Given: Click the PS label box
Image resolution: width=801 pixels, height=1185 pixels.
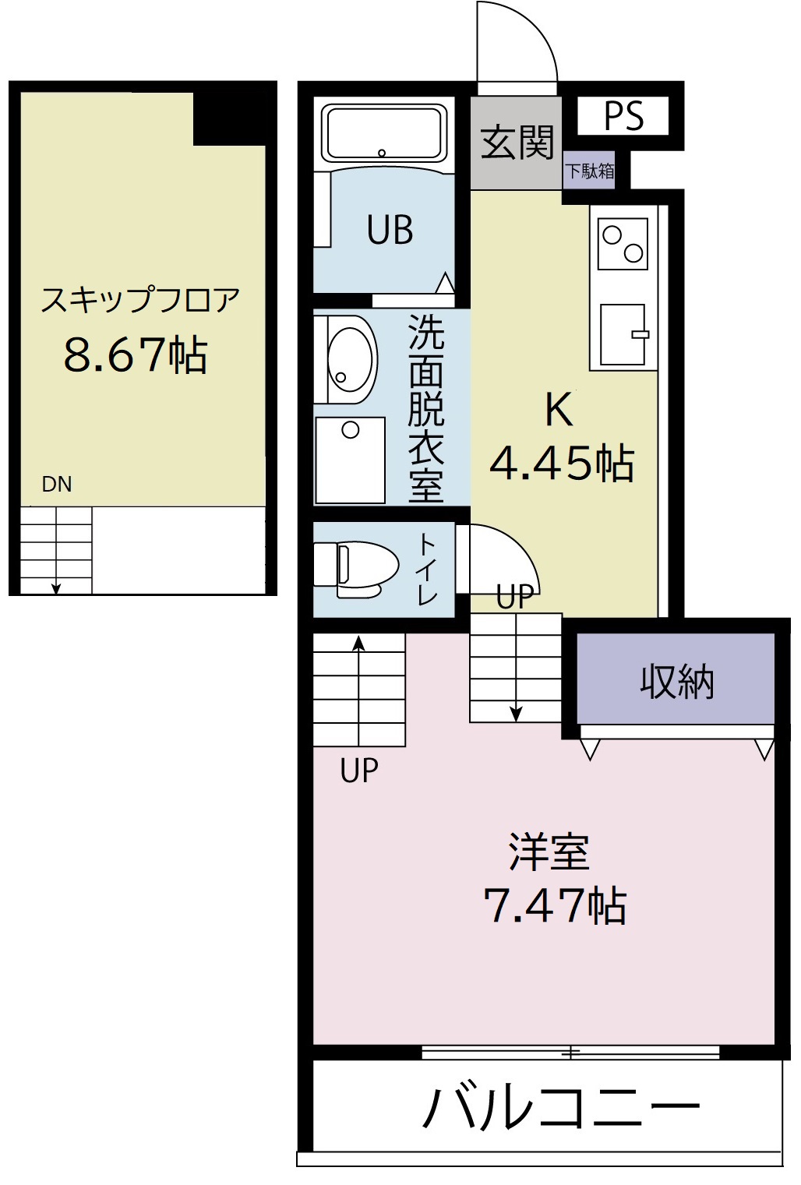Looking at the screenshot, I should (x=623, y=116).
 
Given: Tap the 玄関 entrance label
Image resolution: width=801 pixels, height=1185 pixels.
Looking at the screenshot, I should (x=516, y=142).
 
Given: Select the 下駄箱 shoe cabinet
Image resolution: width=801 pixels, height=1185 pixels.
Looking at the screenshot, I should (x=589, y=171).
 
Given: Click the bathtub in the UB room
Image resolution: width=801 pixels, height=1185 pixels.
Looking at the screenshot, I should (x=383, y=133).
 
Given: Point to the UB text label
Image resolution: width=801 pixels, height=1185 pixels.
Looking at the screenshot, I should (x=390, y=230).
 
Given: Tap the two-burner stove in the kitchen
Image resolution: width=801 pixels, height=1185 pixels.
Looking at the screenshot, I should (x=623, y=243).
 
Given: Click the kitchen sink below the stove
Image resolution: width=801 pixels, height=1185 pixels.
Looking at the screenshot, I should (x=623, y=334).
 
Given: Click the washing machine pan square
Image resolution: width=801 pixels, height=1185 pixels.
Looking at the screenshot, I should (x=351, y=460).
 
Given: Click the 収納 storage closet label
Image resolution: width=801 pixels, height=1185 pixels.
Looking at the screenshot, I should (x=676, y=682).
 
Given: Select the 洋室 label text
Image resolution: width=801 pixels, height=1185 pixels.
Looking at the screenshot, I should (x=549, y=852).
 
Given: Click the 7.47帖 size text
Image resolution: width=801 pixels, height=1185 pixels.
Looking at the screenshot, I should (x=555, y=905).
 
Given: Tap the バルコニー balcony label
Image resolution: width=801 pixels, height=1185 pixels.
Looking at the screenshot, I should (x=561, y=1107).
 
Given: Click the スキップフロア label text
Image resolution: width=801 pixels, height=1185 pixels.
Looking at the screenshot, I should (x=140, y=300).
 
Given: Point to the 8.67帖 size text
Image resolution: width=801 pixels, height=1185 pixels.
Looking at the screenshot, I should (x=136, y=354).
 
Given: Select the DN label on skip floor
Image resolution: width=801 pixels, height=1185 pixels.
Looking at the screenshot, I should (x=57, y=485).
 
